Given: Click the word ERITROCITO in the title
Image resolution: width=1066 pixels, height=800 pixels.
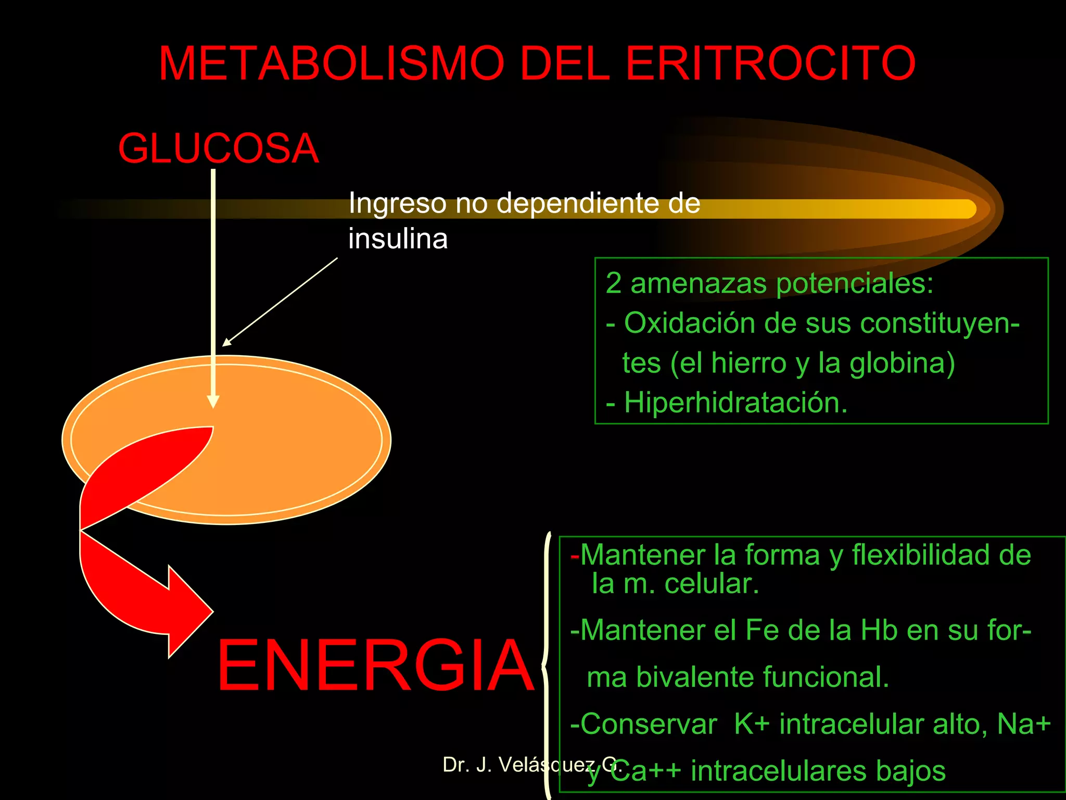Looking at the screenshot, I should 770,64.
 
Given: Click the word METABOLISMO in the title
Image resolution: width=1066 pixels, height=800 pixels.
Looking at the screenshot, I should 332,64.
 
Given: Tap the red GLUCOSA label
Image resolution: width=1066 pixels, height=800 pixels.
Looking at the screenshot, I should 218,148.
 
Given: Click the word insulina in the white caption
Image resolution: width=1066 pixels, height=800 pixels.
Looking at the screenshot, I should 398,239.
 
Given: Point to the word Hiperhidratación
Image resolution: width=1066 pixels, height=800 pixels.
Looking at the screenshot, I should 735,403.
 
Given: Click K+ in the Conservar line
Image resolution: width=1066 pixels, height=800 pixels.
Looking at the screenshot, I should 751,724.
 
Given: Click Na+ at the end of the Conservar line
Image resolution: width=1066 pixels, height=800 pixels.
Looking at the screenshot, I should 1023,724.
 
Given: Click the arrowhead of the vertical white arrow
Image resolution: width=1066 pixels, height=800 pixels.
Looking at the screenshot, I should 213,401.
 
